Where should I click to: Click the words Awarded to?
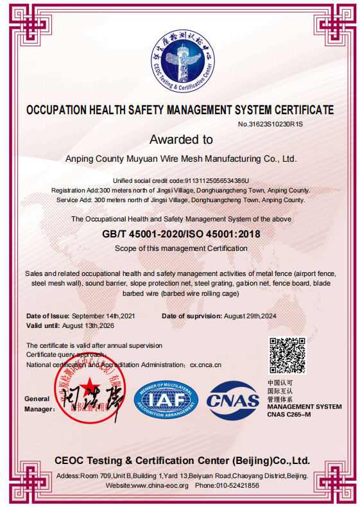(180, 139)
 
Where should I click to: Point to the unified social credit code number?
(217, 181)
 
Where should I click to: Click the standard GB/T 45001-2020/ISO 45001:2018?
(181, 234)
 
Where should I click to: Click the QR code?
(287, 356)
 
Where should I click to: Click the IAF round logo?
(166, 401)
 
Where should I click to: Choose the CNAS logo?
(232, 401)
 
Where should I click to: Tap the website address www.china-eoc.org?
(159, 486)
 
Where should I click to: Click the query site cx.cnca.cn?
(205, 365)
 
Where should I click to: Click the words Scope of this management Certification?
(181, 248)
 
